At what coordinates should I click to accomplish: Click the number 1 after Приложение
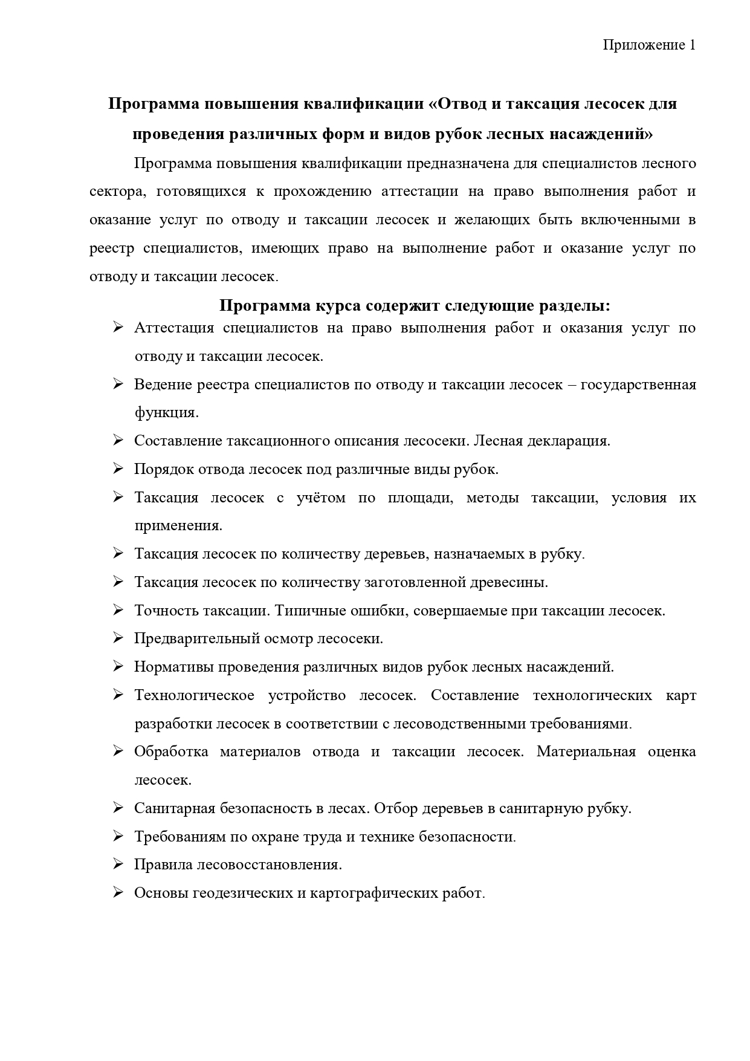pos(692,45)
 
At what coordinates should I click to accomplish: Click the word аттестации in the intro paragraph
pos(418,192)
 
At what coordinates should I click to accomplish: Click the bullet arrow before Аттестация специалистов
pos(118,328)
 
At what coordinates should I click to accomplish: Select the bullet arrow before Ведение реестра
pos(118,384)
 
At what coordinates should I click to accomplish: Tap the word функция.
pos(166,413)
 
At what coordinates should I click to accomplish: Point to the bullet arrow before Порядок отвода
pos(118,469)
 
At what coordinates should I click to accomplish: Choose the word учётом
pos(321,498)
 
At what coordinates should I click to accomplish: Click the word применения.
pos(178,526)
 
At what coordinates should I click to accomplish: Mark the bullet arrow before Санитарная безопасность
pos(118,808)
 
